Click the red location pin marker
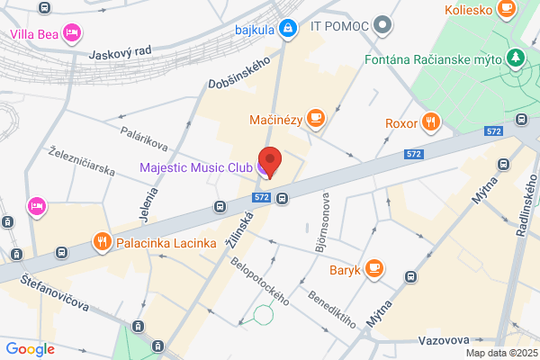point(270,161)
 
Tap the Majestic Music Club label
point(196,166)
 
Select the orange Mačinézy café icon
point(315,118)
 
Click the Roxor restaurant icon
point(432,122)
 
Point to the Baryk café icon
point(374,268)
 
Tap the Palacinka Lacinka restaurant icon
point(102,242)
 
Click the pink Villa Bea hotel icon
point(73,35)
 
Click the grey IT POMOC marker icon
point(384,23)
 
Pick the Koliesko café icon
point(507,10)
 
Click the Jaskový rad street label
point(119,53)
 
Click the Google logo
point(31,349)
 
